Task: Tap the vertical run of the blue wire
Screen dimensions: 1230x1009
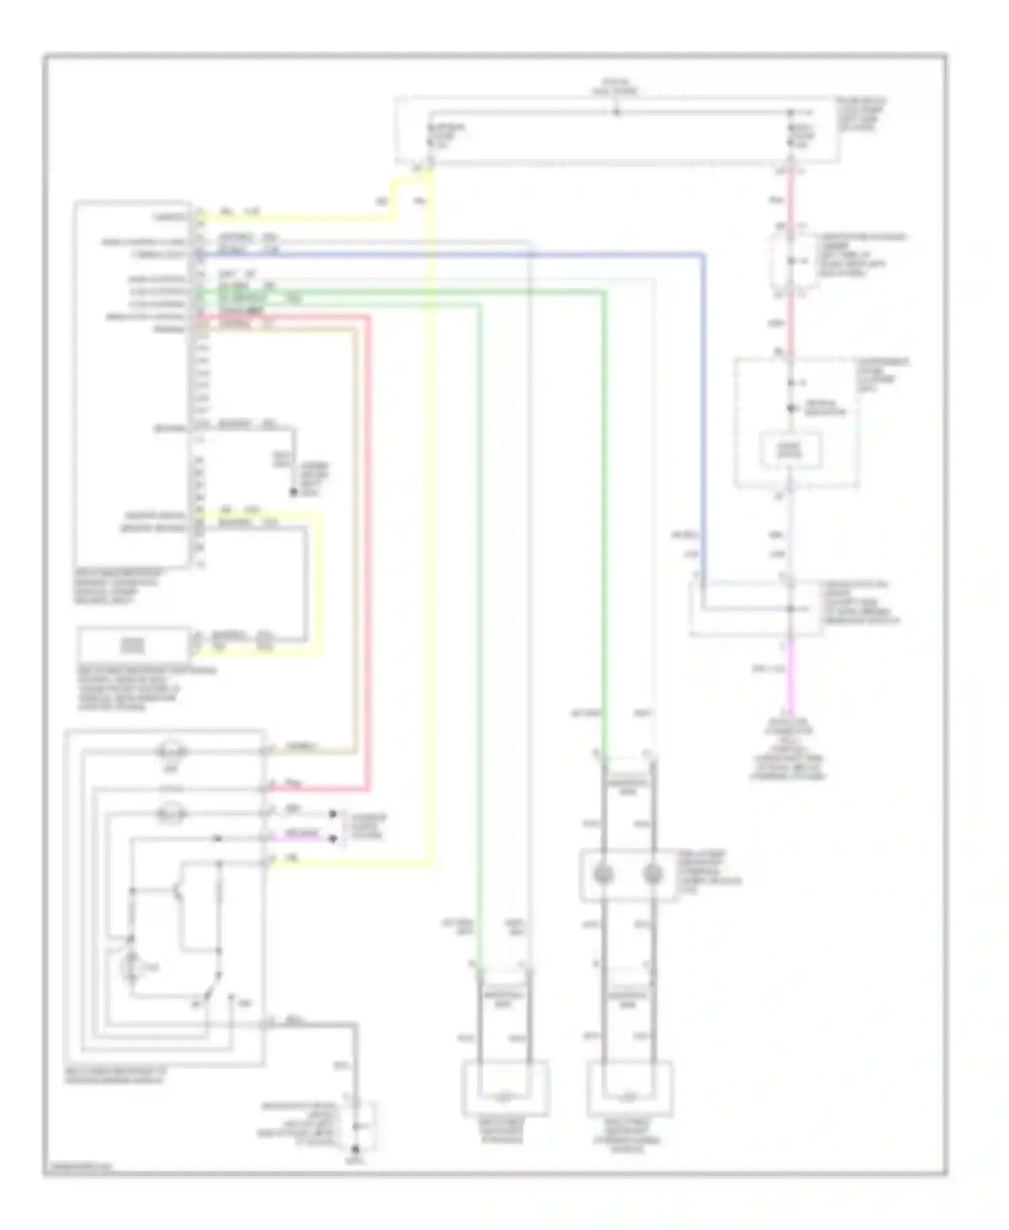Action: click(704, 417)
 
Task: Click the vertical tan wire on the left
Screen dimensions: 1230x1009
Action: click(355, 538)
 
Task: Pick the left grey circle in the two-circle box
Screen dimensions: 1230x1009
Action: click(603, 875)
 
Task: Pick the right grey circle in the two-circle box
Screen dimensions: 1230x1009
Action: click(652, 875)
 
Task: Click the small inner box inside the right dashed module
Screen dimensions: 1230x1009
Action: click(790, 450)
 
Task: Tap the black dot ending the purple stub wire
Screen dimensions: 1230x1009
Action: click(332, 838)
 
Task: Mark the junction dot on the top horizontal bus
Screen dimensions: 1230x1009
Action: click(616, 112)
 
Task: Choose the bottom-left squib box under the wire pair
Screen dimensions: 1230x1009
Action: click(504, 1089)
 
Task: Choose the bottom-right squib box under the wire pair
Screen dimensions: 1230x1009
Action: click(630, 1089)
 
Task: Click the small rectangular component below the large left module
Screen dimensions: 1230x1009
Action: click(133, 645)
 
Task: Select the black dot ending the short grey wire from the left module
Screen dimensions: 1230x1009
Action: click(293, 493)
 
